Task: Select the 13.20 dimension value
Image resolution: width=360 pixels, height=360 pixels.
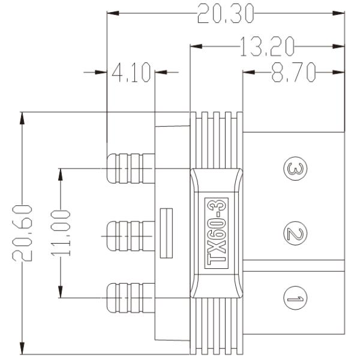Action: pyautogui.click(x=267, y=45)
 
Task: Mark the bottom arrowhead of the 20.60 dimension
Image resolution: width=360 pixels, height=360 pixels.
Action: pyautogui.click(x=23, y=348)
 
